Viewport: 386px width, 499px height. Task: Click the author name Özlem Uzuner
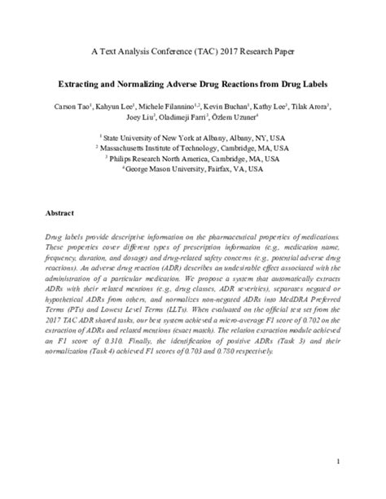tap(230, 118)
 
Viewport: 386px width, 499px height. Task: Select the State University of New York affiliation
tap(195, 138)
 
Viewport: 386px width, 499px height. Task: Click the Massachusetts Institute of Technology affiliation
tap(195, 148)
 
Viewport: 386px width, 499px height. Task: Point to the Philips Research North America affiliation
tap(195, 159)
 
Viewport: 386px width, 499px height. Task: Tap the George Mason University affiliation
tap(195, 169)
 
